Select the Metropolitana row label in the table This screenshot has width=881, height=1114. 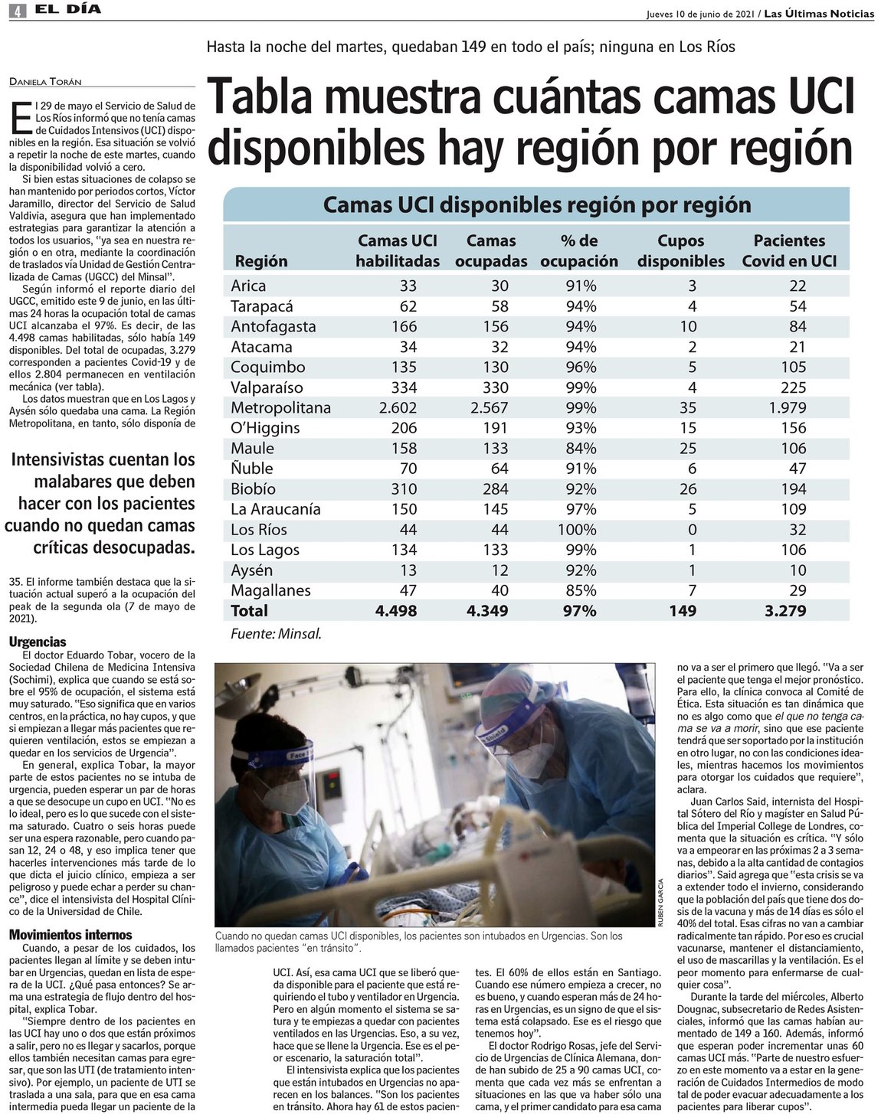coord(280,407)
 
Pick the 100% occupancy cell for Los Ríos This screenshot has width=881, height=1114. coord(579,529)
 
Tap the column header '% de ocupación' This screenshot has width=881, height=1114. coord(579,250)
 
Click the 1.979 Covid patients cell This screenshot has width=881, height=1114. coord(788,407)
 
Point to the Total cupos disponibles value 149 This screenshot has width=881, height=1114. coord(682,610)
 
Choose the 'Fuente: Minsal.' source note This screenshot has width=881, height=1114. coord(276,633)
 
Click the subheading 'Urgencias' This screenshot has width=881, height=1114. coord(38,642)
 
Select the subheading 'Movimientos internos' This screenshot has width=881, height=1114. coord(70,934)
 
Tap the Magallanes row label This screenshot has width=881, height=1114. coord(270,590)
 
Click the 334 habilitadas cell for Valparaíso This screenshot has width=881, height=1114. coord(403,387)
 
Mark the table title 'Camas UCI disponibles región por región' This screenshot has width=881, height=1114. coord(536,204)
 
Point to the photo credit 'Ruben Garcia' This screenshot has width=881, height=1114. coord(660,903)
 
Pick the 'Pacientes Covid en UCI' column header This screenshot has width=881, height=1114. coord(789,250)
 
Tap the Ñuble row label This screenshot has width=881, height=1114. coord(252,468)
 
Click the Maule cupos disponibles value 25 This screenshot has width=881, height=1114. coord(687,448)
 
